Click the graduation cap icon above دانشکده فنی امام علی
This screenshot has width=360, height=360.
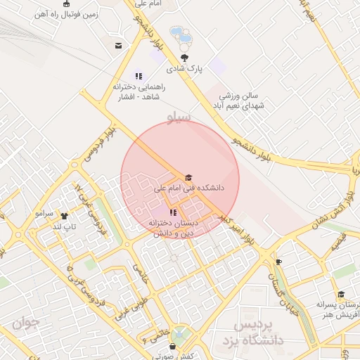188,178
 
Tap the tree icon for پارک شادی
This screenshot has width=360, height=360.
185,58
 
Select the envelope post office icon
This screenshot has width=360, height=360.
118,46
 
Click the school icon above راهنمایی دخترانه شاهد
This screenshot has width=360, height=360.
139,76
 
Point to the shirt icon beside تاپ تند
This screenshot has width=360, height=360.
65,216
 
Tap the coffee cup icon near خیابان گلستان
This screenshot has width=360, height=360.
279,262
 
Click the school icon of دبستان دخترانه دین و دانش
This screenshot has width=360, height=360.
174,212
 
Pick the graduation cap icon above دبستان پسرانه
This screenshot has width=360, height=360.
341,295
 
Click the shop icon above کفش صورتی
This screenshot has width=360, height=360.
173,345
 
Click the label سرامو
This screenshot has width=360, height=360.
44,212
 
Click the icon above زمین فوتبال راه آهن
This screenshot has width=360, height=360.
67,4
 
